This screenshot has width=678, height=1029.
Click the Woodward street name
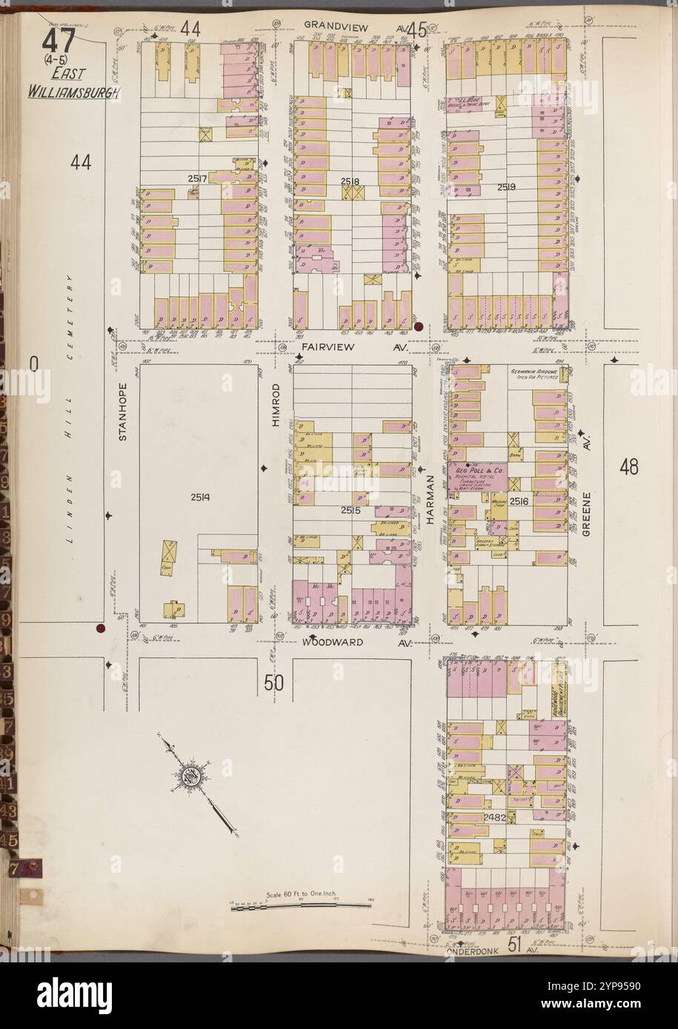point(333,642)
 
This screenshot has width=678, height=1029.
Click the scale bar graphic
point(301,905)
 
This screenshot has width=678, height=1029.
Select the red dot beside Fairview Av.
point(418,326)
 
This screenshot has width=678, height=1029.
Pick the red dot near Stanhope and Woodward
point(99,629)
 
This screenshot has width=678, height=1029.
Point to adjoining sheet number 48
point(630,467)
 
